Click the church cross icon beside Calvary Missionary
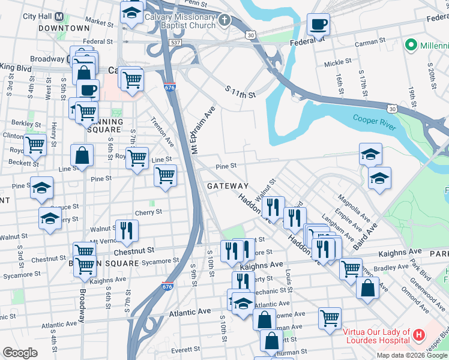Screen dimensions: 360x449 (x=224, y=21)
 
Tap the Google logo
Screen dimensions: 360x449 (x=20, y=352)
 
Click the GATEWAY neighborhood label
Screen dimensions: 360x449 (x=228, y=186)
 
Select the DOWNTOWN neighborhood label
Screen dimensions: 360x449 (x=64, y=28)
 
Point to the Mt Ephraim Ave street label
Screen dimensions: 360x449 (x=203, y=131)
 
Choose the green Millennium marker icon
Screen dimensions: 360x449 (x=411, y=45)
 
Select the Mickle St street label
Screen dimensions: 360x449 (x=337, y=62)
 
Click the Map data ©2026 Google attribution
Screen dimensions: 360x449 (x=412, y=355)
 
